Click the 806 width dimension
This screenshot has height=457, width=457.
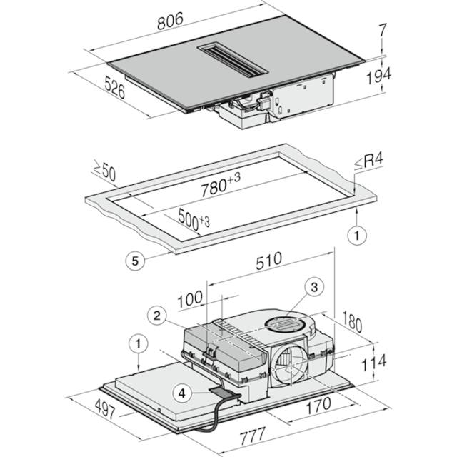point(170,21)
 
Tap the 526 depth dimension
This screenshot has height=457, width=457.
point(114,87)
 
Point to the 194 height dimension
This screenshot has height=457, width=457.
point(378,76)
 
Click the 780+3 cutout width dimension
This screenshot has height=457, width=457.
point(221,184)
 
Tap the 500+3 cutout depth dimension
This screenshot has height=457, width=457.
point(194,219)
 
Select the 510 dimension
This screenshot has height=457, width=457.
point(268,261)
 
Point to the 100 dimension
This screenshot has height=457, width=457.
point(190,299)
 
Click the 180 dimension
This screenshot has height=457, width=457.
point(352,321)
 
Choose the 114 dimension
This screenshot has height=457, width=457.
point(373,363)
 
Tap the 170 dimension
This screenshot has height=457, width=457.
point(318,406)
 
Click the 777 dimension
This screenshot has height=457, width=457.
point(252,436)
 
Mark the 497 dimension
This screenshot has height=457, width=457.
point(106,408)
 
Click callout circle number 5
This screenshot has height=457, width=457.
point(135,261)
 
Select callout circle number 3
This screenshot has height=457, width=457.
point(314,287)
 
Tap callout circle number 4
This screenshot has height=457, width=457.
point(182,393)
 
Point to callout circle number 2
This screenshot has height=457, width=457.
point(157,316)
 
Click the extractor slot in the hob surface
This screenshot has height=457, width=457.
point(232,61)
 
